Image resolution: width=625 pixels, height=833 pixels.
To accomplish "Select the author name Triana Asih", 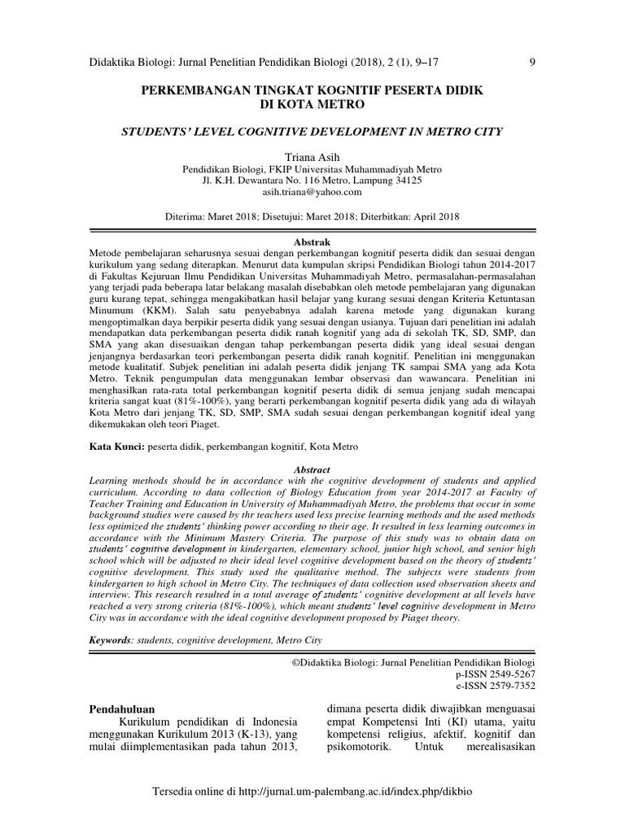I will pyautogui.click(x=312, y=155).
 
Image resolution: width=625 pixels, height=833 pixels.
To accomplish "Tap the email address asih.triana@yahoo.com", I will pyautogui.click(x=312, y=193).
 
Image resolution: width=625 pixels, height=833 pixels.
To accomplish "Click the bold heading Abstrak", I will pyautogui.click(x=312, y=242).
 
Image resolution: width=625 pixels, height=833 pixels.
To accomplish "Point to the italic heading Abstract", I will pyautogui.click(x=312, y=469).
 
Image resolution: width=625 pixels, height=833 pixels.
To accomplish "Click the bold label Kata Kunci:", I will pyautogui.click(x=116, y=447).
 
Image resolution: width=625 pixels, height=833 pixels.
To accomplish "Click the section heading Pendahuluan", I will pyautogui.click(x=121, y=710).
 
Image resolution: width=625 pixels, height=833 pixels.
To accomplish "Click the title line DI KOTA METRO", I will pyautogui.click(x=312, y=105).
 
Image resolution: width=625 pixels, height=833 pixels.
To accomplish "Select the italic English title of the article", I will pyautogui.click(x=312, y=131).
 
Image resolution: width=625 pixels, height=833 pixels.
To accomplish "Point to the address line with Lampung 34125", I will pyautogui.click(x=312, y=181).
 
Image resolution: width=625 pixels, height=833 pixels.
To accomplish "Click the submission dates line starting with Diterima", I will pyautogui.click(x=312, y=218).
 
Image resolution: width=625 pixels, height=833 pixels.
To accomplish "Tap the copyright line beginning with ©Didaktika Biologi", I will pyautogui.click(x=413, y=662).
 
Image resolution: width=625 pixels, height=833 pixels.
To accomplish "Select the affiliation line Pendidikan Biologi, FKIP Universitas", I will pyautogui.click(x=312, y=168).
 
